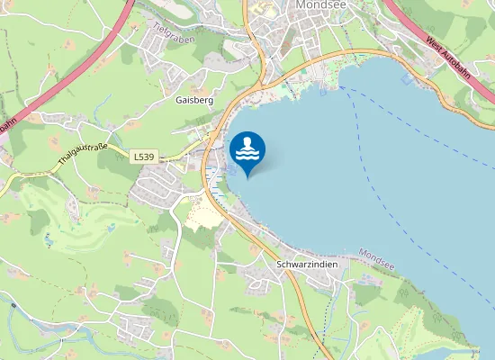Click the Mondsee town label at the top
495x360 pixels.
pos(315,4)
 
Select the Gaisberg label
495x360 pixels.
pos(194,101)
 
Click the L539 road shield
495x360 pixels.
pos(144,157)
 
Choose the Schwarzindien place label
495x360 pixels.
pos(307,265)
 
